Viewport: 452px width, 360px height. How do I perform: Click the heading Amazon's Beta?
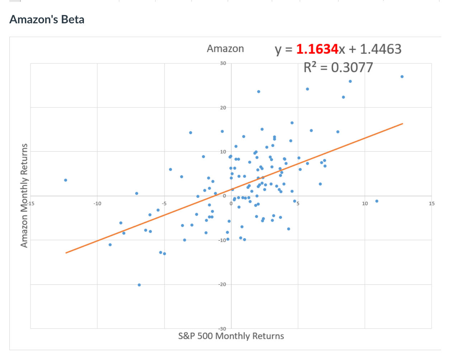pos(47,19)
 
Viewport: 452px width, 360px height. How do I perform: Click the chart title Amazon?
pos(225,49)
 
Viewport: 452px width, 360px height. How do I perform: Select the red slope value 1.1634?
pos(317,49)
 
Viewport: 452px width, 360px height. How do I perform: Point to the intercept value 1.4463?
pos(381,49)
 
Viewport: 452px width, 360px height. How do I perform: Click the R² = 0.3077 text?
pos(338,67)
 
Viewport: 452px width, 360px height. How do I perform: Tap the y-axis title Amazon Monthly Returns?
pos(24,195)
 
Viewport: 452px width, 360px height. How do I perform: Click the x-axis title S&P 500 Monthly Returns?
pos(231,336)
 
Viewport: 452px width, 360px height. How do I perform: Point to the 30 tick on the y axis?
pos(223,63)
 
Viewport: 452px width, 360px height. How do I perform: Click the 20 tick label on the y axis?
pos(223,108)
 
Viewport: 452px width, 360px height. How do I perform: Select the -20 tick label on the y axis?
pos(222,284)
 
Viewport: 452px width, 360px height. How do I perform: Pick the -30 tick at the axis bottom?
pos(222,328)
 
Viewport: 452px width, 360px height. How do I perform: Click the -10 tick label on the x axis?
pos(97,204)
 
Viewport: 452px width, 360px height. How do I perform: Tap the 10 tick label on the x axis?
pos(365,204)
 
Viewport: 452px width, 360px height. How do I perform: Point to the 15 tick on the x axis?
pos(432,204)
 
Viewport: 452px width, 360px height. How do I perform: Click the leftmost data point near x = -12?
pos(66,180)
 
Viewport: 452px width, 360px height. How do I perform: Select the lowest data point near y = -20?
pos(139,285)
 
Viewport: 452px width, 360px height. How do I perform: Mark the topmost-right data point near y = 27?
pos(402,77)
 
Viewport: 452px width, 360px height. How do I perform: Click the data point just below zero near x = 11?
pos(377,201)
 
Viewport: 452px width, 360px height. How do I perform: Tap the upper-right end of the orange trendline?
pos(402,124)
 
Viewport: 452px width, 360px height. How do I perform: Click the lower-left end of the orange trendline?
pos(66,253)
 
